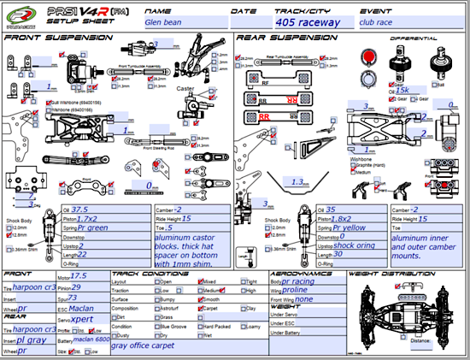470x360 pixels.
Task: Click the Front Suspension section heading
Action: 52,38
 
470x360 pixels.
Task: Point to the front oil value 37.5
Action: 80,210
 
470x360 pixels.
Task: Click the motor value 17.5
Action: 79,276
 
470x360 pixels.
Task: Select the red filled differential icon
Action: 369,56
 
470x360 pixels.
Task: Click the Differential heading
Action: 408,38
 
